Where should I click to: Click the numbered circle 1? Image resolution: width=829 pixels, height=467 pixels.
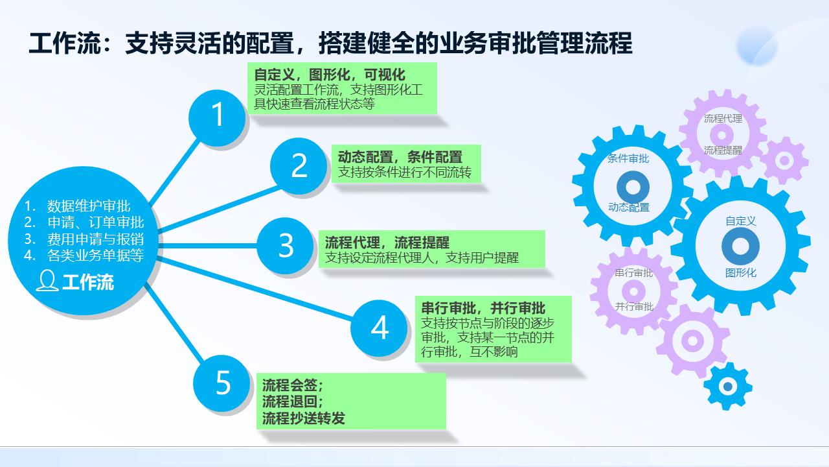217,116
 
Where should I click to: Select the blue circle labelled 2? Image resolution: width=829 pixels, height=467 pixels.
299,165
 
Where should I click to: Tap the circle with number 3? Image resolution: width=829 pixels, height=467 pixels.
286,246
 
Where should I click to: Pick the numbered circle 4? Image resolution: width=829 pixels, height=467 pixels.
379,328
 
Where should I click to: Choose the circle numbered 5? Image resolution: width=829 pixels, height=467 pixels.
223,383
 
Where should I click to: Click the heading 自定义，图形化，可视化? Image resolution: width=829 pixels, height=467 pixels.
330,75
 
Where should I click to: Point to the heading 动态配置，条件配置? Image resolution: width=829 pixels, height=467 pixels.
400,157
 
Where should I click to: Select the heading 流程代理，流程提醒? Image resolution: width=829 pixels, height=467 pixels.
387,243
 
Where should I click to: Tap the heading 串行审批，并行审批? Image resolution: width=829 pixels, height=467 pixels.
483,308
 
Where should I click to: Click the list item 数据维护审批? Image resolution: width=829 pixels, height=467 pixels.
89,207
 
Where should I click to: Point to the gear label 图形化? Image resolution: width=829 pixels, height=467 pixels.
741,273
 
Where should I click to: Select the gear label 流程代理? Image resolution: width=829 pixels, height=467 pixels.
723,119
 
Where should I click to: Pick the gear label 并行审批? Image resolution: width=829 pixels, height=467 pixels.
634,307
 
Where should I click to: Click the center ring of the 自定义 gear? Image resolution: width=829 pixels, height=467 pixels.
741,246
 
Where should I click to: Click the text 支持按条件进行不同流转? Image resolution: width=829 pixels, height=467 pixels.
405,173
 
